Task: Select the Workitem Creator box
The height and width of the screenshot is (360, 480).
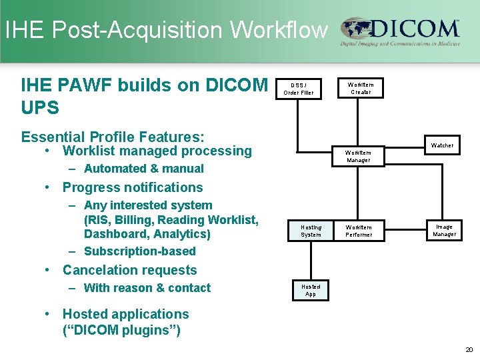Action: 361,89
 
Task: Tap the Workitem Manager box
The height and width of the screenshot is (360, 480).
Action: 358,156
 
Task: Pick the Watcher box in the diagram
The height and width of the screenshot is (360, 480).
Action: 442,145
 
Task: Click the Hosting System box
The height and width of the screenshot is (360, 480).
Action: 311,231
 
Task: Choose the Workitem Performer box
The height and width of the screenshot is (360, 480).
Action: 359,231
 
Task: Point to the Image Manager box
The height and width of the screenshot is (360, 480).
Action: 444,231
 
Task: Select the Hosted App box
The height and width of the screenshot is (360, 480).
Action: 311,291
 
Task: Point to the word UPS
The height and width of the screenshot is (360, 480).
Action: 39,107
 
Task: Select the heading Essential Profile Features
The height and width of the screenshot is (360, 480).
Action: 113,137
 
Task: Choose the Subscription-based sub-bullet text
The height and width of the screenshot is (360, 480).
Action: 139,251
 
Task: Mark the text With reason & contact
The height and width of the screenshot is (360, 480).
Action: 147,288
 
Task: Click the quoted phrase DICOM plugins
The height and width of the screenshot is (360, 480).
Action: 120,331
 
